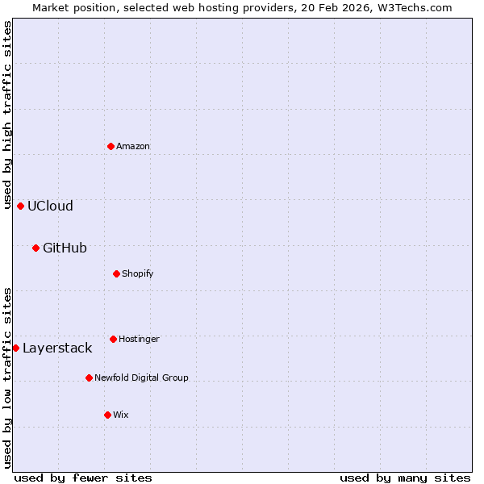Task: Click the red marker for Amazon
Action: coord(111,146)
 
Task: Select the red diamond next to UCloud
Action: coord(20,206)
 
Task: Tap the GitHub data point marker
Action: coord(35,248)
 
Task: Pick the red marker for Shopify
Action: coord(116,273)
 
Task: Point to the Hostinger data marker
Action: coord(113,339)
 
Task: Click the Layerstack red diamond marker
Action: coord(15,348)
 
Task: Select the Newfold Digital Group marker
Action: coord(89,378)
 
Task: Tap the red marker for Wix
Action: coord(107,415)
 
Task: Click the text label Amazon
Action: coord(133,146)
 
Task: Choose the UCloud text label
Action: coord(50,206)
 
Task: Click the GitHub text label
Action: coord(65,248)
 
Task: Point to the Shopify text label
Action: coord(137,273)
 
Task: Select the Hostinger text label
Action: coord(139,339)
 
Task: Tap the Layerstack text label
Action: coord(57,348)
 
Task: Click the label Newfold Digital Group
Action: coord(141,378)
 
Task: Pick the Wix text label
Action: coord(120,415)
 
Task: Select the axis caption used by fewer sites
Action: coord(83,478)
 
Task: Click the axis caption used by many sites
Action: coord(405,478)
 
